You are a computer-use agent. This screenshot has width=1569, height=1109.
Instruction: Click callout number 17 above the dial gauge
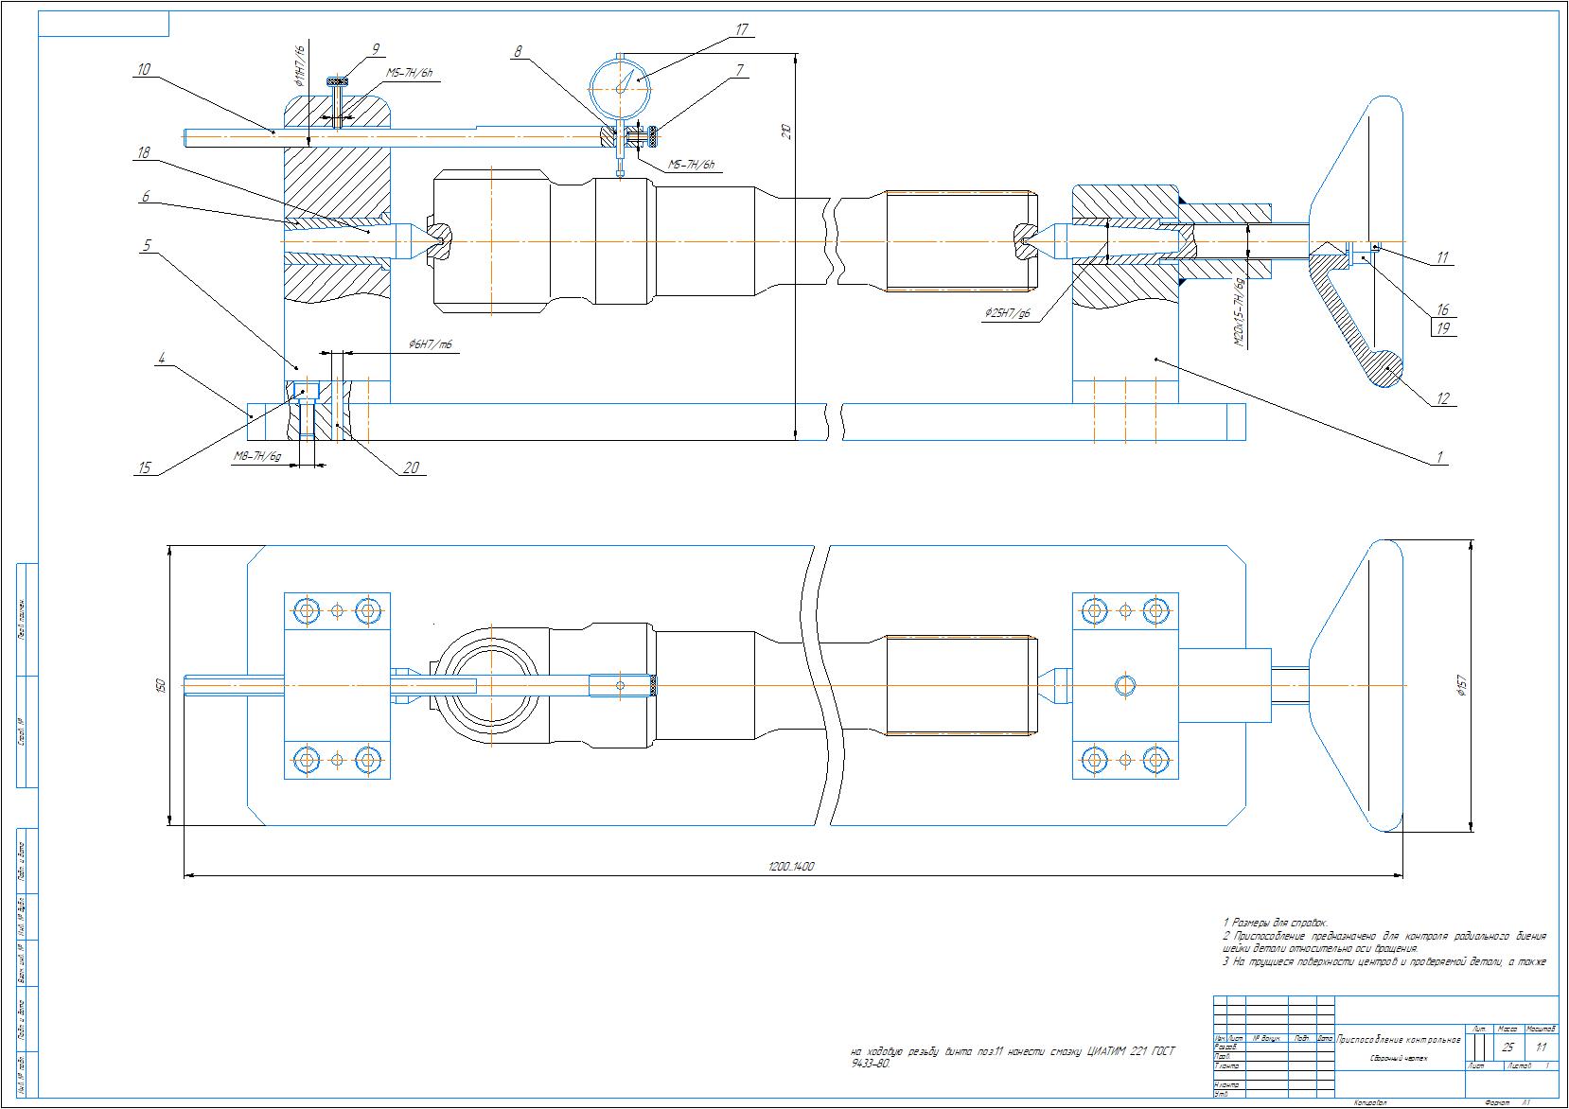[x=742, y=31]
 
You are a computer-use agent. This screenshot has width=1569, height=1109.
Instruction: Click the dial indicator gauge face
[x=620, y=86]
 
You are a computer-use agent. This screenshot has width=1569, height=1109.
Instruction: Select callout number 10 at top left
[x=144, y=69]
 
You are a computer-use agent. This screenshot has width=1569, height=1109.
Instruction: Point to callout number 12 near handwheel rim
[x=1443, y=398]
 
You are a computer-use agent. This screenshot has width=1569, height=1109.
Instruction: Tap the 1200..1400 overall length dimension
[x=792, y=866]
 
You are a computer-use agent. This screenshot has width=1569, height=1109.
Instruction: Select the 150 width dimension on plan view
[x=160, y=684]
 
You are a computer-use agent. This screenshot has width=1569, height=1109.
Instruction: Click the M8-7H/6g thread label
[x=257, y=456]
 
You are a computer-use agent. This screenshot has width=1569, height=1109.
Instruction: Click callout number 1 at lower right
[x=1439, y=457]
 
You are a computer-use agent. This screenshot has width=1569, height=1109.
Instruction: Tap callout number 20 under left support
[x=411, y=466]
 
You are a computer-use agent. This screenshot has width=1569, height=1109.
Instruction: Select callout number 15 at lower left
[x=144, y=466]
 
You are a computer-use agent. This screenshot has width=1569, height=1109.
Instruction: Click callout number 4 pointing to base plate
[x=162, y=359]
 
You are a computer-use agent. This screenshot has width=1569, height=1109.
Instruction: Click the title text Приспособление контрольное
[x=1399, y=1040]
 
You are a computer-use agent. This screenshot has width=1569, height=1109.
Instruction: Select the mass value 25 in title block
[x=1507, y=1047]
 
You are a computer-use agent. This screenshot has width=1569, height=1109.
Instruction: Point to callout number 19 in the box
[x=1443, y=328]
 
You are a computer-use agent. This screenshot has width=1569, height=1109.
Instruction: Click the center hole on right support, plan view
[x=1124, y=685]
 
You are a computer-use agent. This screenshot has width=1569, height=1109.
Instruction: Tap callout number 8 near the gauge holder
[x=518, y=52]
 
